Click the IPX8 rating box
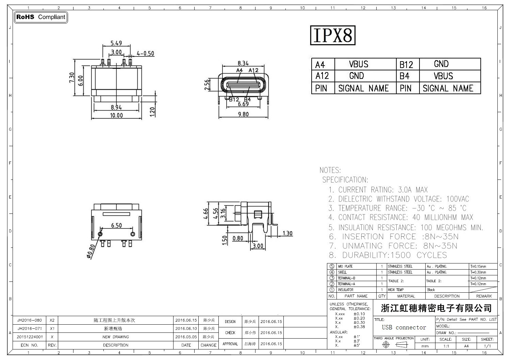click(x=332, y=35)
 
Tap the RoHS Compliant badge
click(x=40, y=17)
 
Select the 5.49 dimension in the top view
click(x=116, y=43)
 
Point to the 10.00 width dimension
click(x=116, y=116)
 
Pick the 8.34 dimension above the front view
click(x=243, y=63)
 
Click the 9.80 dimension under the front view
click(x=243, y=115)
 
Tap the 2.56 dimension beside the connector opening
click(x=207, y=85)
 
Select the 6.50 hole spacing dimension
click(x=116, y=225)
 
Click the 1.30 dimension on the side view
click(x=287, y=234)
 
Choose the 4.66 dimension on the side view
click(x=206, y=214)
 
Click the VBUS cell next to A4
click(x=359, y=64)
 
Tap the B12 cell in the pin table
click(x=406, y=65)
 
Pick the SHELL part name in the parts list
click(x=342, y=272)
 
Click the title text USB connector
click(x=404, y=327)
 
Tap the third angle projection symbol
click(x=394, y=345)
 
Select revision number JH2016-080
click(x=30, y=320)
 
